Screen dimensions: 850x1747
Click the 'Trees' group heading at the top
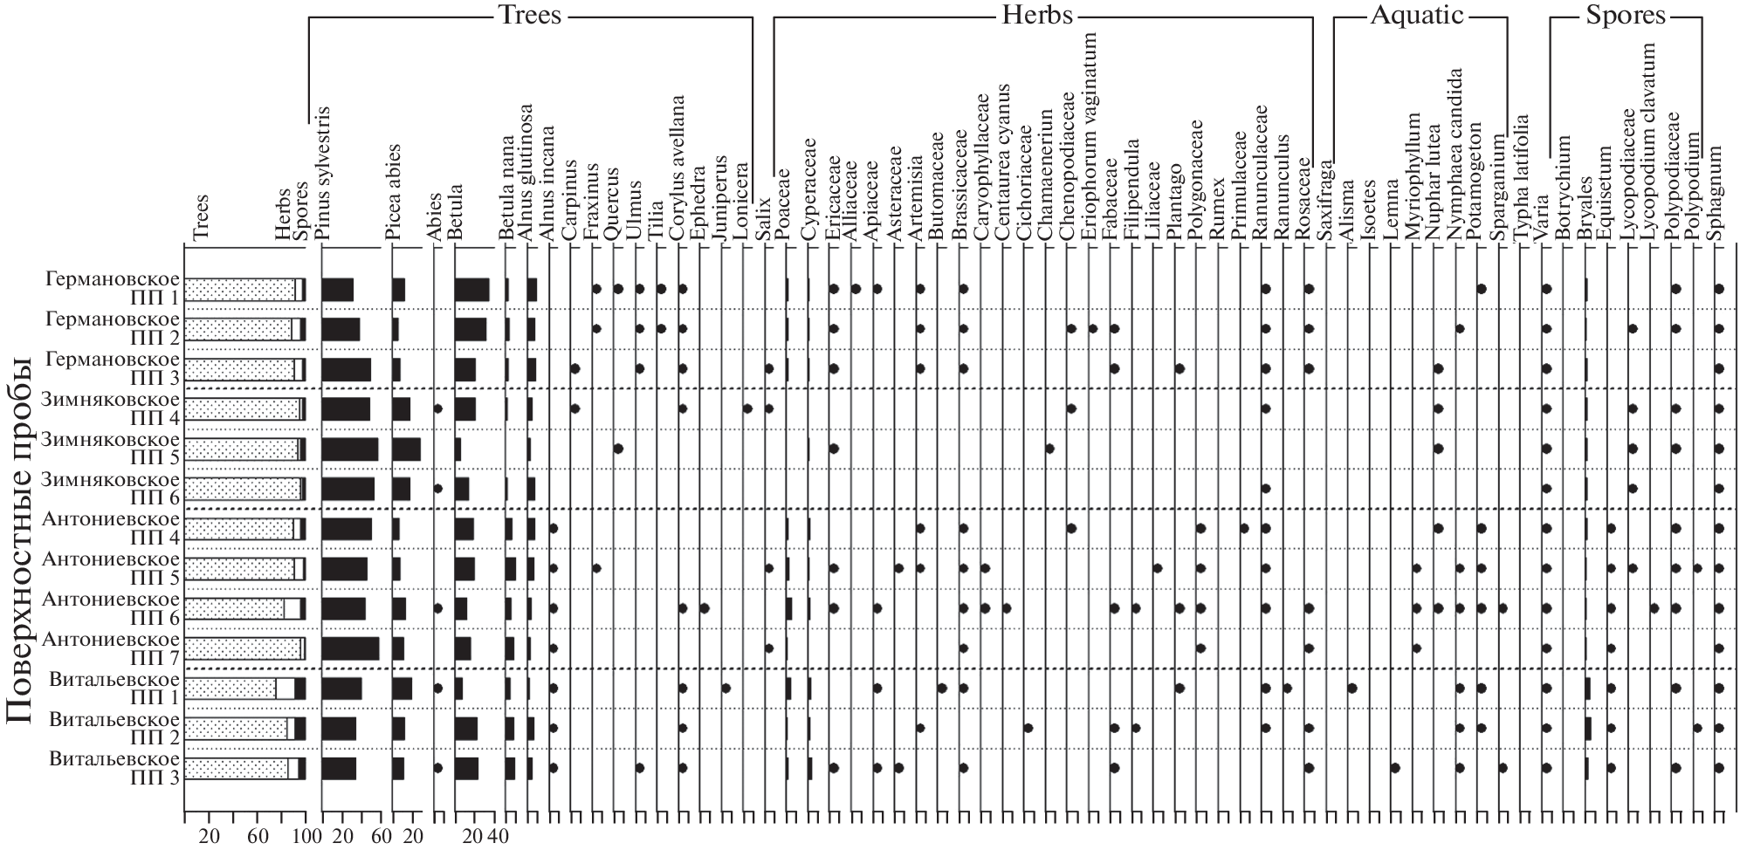[529, 15]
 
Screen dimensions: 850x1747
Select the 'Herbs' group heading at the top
[1037, 15]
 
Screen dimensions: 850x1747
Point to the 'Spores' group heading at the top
[1627, 15]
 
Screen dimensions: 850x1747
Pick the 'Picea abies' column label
[394, 192]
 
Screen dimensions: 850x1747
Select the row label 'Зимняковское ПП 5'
[112, 448]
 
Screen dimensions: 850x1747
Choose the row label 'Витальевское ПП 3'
[115, 767]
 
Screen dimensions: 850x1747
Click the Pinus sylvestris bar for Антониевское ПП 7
[351, 648]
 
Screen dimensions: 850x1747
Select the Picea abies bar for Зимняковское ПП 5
[406, 449]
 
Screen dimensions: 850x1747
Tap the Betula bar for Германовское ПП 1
[471, 289]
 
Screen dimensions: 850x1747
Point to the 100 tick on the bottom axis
[306, 837]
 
